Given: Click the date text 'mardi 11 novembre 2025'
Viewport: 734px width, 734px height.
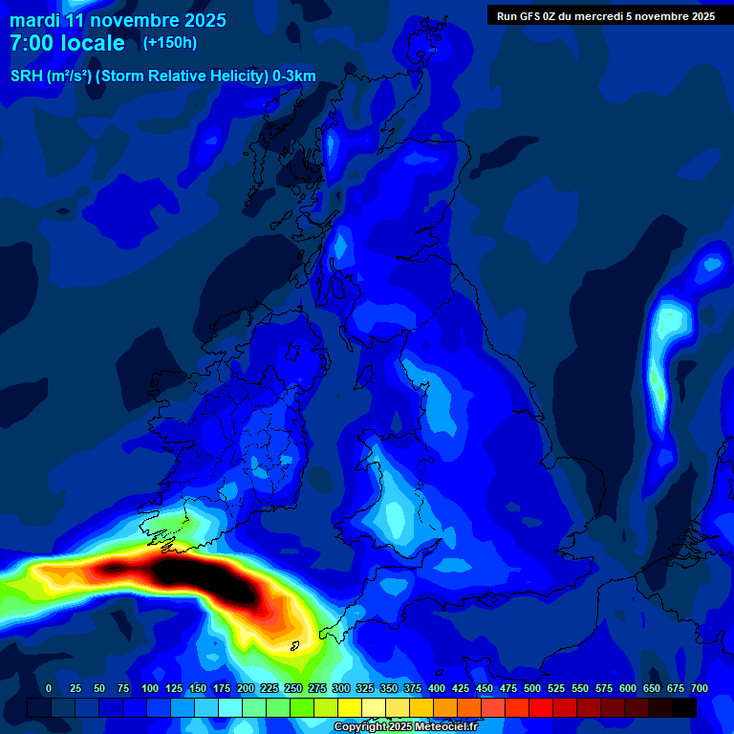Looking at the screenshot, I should pyautogui.click(x=118, y=20).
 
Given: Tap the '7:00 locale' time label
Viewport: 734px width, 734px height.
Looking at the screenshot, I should pyautogui.click(x=67, y=43).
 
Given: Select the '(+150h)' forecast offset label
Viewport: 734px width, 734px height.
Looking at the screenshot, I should pyautogui.click(x=170, y=42).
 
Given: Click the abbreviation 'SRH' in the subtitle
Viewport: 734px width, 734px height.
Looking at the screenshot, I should pyautogui.click(x=27, y=76).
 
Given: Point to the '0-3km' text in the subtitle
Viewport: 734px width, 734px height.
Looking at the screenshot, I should pyautogui.click(x=293, y=76).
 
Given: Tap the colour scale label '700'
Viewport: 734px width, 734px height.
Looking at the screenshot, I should pyautogui.click(x=699, y=688).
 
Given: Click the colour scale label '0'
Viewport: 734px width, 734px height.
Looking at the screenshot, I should pyautogui.click(x=49, y=688).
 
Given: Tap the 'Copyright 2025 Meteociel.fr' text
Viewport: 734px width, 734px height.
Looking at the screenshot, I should pyautogui.click(x=404, y=726).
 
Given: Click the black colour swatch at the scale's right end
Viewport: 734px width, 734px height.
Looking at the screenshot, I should pyautogui.click(x=684, y=707).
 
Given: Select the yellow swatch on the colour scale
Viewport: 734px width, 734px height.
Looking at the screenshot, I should pyautogui.click(x=350, y=707).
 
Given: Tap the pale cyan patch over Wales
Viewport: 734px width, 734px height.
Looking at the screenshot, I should pyautogui.click(x=394, y=516).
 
